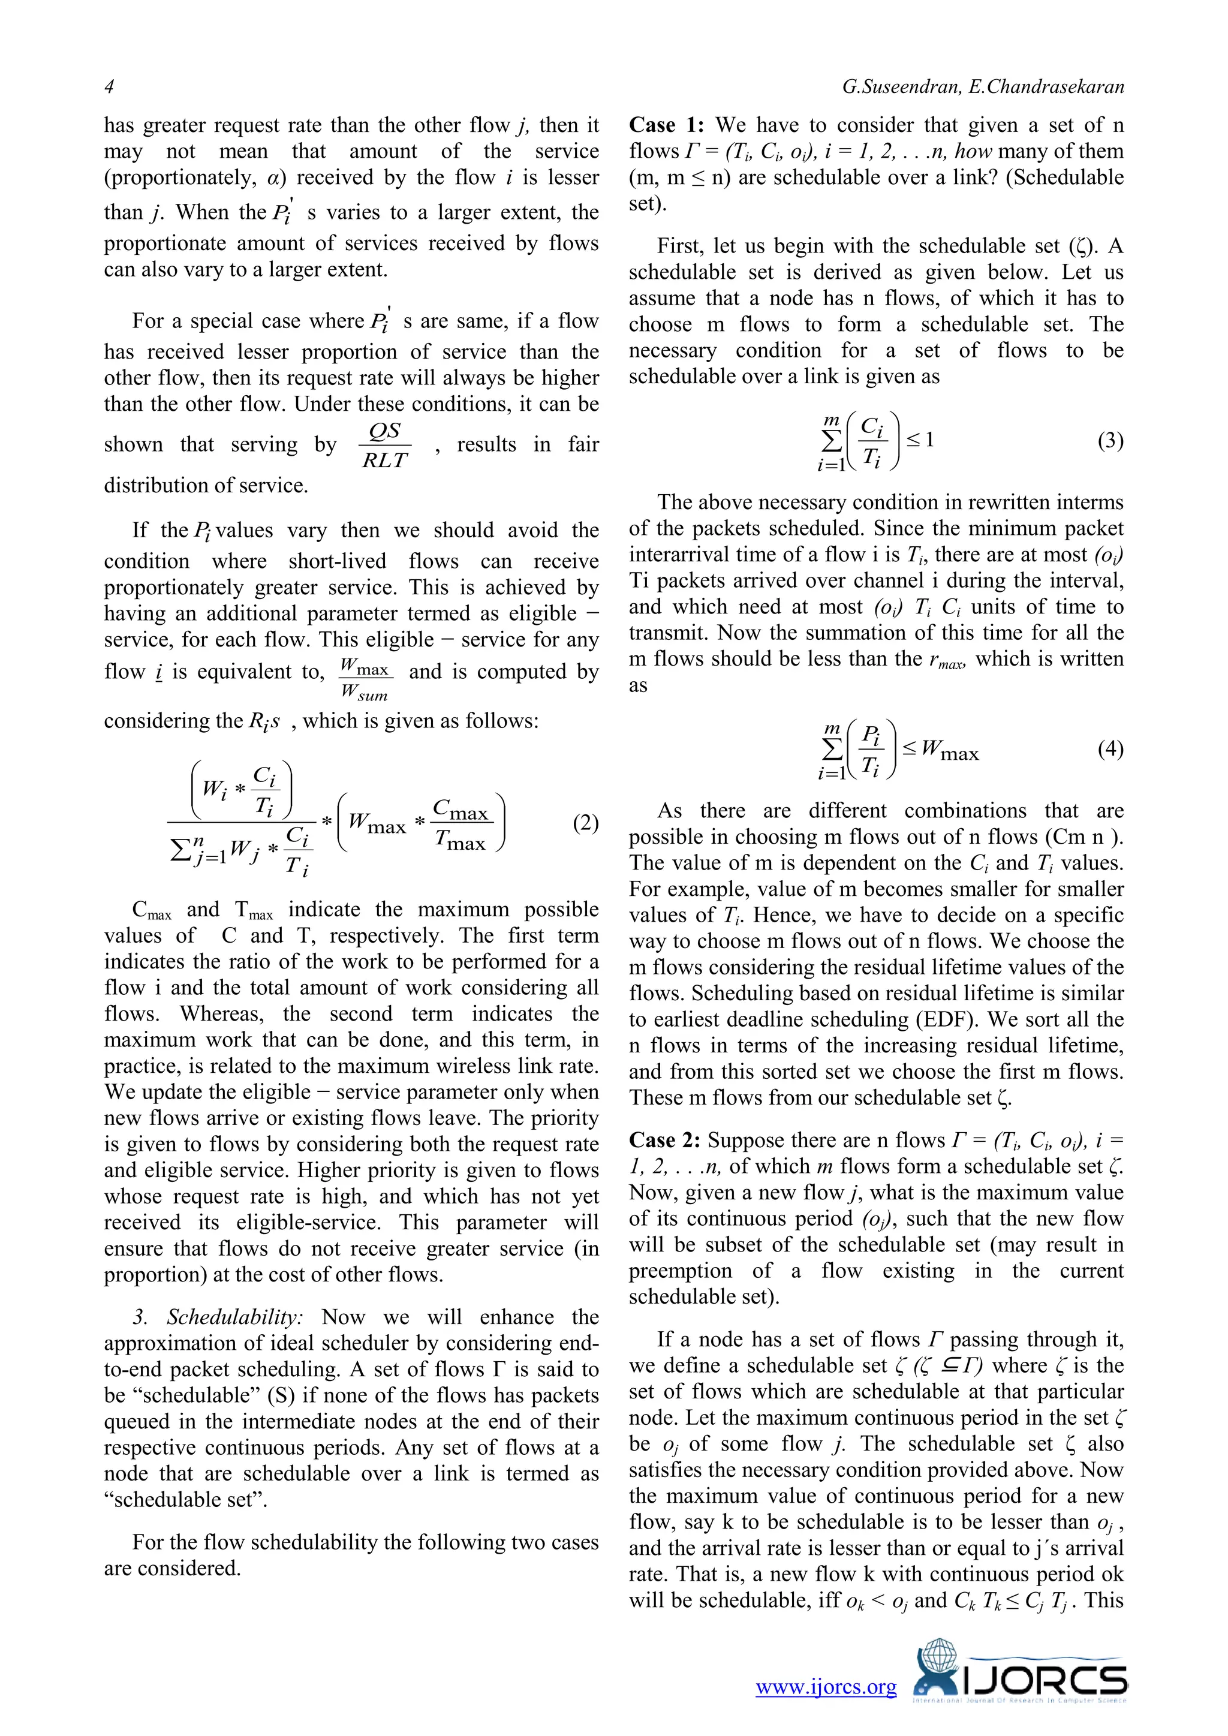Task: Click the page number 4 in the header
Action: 109,87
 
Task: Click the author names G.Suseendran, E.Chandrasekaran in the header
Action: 982,87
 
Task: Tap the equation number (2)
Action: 585,823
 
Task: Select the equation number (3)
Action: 1110,440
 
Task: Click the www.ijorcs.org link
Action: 826,1687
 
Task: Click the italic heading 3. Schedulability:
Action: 218,1317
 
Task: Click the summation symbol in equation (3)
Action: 831,441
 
